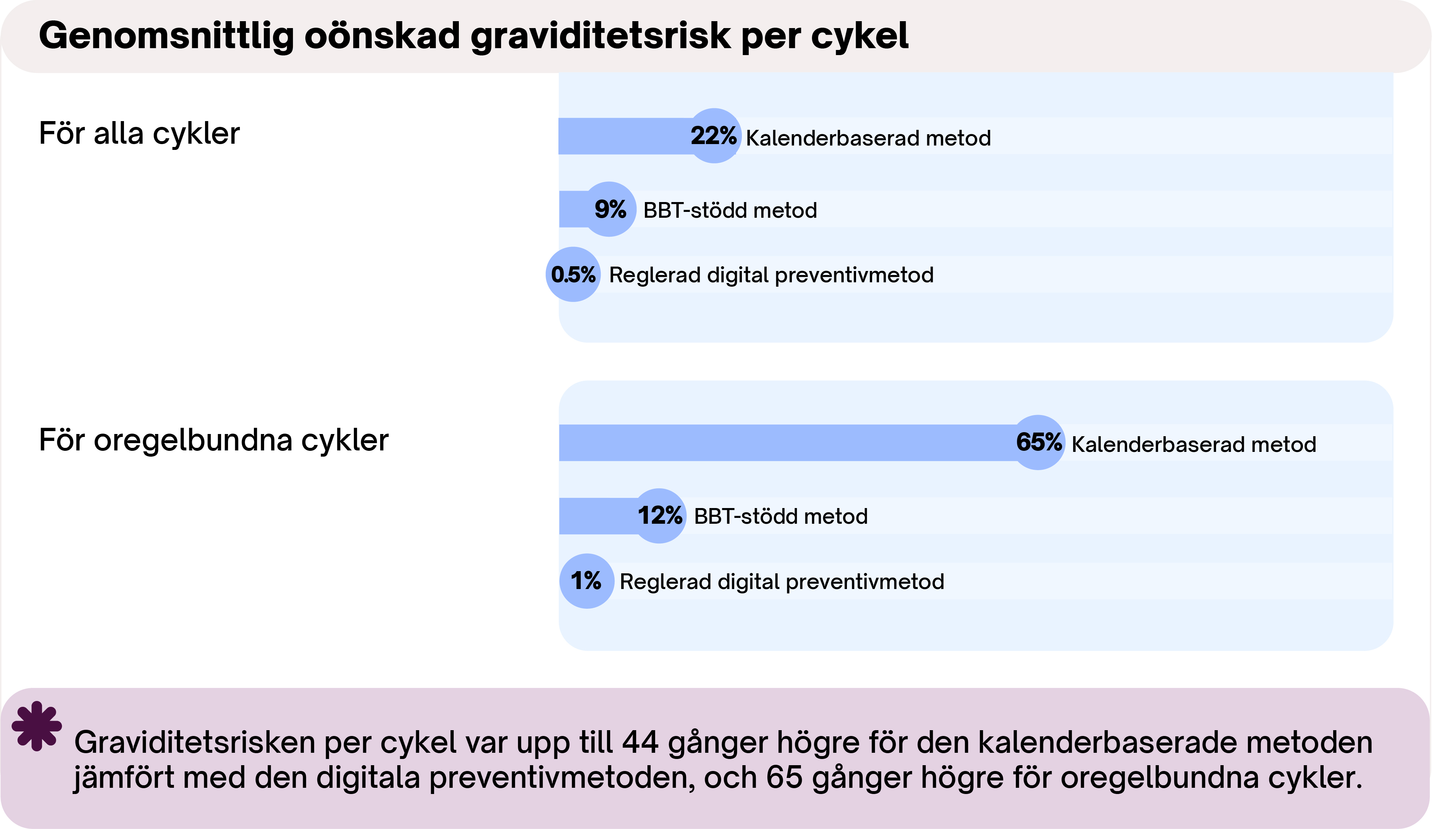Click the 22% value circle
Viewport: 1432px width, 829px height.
pos(714,136)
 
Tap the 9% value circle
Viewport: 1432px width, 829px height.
pos(610,209)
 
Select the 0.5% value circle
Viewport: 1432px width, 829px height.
pos(573,274)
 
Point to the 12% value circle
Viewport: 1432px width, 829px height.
pos(659,516)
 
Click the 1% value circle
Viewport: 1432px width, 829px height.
pos(587,581)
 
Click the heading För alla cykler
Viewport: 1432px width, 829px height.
pos(139,134)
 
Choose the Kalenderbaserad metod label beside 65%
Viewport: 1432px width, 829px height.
pos(1193,444)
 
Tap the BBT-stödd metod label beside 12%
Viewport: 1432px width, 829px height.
pos(781,516)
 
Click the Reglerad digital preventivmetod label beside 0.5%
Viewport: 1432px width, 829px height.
pos(771,275)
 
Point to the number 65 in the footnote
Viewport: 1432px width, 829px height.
pos(784,777)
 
